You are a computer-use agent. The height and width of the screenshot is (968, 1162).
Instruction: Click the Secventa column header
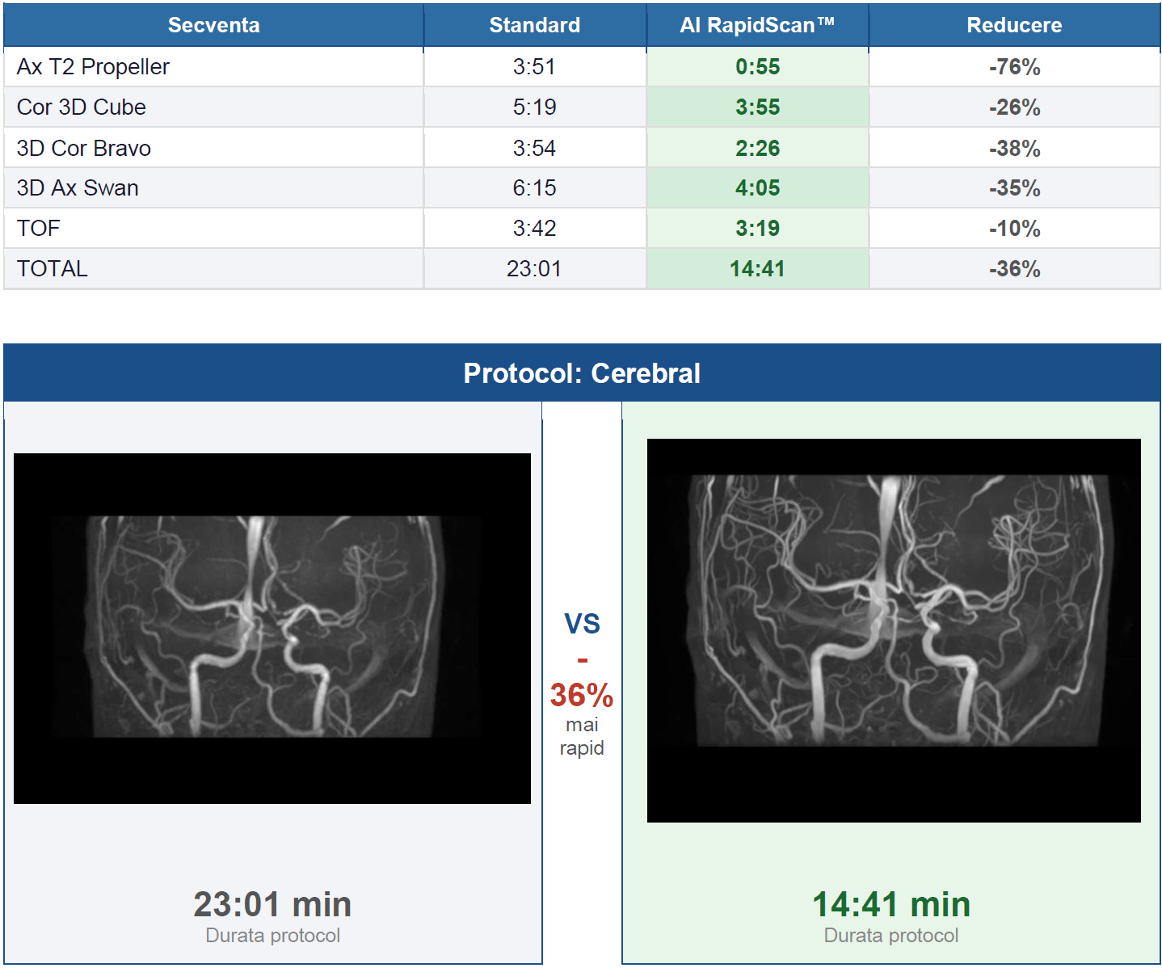pyautogui.click(x=213, y=25)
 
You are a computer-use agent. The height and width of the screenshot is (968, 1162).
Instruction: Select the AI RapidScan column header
pyautogui.click(x=757, y=25)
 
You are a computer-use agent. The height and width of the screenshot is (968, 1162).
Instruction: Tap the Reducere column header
pyautogui.click(x=1014, y=25)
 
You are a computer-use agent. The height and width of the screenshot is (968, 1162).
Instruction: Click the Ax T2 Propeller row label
pyautogui.click(x=93, y=67)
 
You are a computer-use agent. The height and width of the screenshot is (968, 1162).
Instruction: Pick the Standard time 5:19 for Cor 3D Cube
pyautogui.click(x=534, y=107)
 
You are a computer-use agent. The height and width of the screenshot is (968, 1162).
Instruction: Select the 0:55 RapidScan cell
pyautogui.click(x=757, y=67)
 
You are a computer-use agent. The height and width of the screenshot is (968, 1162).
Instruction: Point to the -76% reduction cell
pyautogui.click(x=1014, y=67)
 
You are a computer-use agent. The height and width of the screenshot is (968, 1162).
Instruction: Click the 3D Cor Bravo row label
pyautogui.click(x=83, y=148)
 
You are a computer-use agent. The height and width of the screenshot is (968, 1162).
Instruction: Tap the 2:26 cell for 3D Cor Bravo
pyautogui.click(x=757, y=148)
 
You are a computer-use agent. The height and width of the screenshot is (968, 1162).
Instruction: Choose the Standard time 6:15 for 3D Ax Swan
pyautogui.click(x=534, y=187)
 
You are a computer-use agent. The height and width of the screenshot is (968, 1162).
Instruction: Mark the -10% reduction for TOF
pyautogui.click(x=1014, y=228)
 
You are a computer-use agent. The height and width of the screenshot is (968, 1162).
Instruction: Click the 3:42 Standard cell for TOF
pyautogui.click(x=534, y=228)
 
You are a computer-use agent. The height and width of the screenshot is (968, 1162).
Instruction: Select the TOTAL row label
pyautogui.click(x=53, y=269)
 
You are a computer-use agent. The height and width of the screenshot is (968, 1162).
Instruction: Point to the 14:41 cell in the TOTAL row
pyautogui.click(x=757, y=269)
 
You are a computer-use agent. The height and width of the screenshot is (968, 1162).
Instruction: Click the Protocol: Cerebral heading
pyautogui.click(x=582, y=373)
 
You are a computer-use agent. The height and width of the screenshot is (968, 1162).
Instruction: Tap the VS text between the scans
pyautogui.click(x=582, y=624)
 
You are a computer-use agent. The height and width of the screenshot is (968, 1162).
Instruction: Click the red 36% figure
pyautogui.click(x=582, y=695)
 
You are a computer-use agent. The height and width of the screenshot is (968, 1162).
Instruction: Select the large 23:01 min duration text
pyautogui.click(x=272, y=904)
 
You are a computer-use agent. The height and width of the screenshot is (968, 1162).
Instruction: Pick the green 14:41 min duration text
pyautogui.click(x=891, y=904)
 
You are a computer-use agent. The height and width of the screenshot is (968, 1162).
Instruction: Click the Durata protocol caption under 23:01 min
pyautogui.click(x=272, y=936)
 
